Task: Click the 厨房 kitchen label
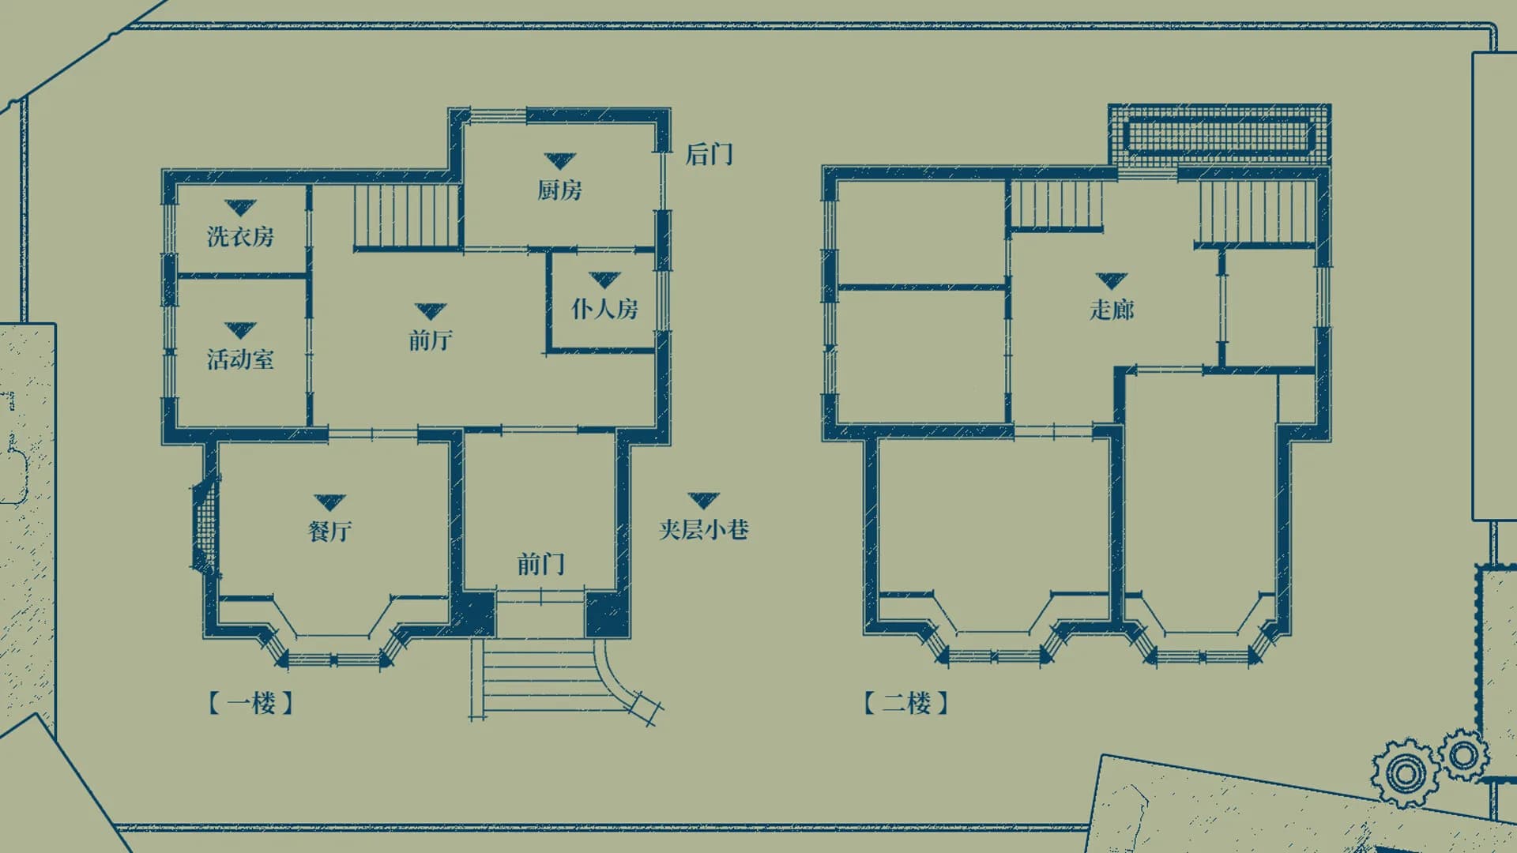point(559,190)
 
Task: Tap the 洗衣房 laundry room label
point(240,236)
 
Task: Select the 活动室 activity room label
point(240,359)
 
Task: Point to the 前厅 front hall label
point(430,340)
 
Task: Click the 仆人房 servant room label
point(604,309)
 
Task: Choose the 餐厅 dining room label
point(329,531)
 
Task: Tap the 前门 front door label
point(540,564)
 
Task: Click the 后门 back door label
point(709,154)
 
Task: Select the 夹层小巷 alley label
point(703,529)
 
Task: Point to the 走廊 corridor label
point(1112,309)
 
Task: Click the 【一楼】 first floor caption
point(251,703)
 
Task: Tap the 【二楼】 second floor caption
point(906,703)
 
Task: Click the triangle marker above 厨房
point(559,161)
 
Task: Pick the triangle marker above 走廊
point(1112,280)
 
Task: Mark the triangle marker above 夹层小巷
point(703,500)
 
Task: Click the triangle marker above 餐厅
point(329,502)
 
